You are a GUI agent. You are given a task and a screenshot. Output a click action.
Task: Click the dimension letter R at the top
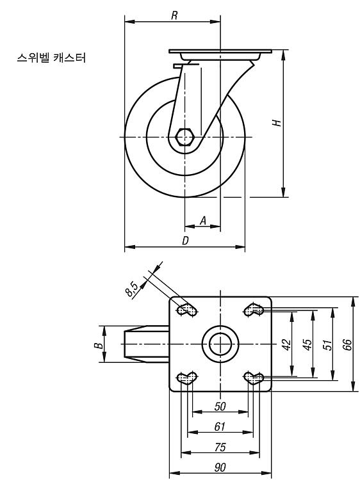pos(174,15)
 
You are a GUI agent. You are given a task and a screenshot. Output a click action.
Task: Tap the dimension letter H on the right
pos(277,123)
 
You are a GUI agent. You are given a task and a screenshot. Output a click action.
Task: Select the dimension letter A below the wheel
pos(203,220)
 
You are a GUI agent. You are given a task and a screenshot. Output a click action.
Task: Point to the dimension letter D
pos(185,241)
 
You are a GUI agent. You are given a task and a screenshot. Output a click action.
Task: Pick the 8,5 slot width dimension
pos(133,289)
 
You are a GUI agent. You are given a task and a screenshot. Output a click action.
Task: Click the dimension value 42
pos(286,345)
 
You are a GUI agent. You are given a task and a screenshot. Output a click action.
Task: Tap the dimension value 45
pos(307,345)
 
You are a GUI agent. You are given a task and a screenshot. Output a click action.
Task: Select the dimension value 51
pos(327,345)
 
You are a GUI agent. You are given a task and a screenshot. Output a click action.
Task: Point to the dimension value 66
pos(348,345)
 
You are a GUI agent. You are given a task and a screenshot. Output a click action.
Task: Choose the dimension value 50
pos(220,406)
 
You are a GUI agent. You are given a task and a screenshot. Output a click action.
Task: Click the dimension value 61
pos(220,427)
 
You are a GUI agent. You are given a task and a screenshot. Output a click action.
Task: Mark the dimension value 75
pos(220,447)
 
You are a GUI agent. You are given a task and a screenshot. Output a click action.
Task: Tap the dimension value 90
pos(220,467)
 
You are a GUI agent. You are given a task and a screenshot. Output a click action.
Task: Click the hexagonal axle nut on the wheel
pos(184,136)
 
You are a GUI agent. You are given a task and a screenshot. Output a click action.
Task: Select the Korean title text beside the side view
pos(51,58)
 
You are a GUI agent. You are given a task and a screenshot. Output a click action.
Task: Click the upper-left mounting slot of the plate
pos(187,310)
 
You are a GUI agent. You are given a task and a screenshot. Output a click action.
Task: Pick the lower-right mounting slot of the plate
pos(254,378)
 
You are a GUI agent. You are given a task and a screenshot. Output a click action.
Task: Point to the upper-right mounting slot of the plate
pos(254,310)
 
